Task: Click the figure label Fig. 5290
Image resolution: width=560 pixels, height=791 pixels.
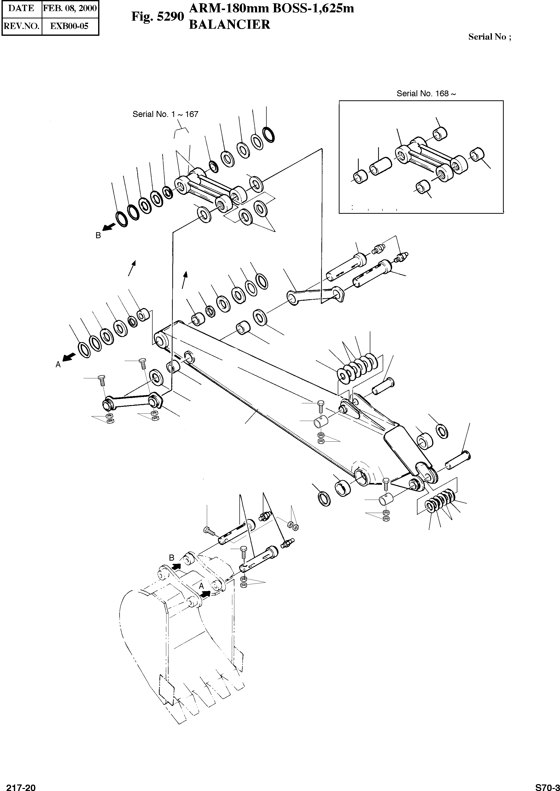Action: tap(158, 17)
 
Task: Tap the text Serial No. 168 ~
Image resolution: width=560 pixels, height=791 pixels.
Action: tap(426, 93)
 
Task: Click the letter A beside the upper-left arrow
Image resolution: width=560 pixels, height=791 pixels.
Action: tap(58, 364)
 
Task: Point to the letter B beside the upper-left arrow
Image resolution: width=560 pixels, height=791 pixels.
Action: tap(98, 236)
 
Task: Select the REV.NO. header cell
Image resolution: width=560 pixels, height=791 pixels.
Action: tap(21, 26)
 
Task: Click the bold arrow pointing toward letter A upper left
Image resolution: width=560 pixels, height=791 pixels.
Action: tap(69, 357)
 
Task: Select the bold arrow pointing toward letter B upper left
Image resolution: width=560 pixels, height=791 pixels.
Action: tap(109, 227)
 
